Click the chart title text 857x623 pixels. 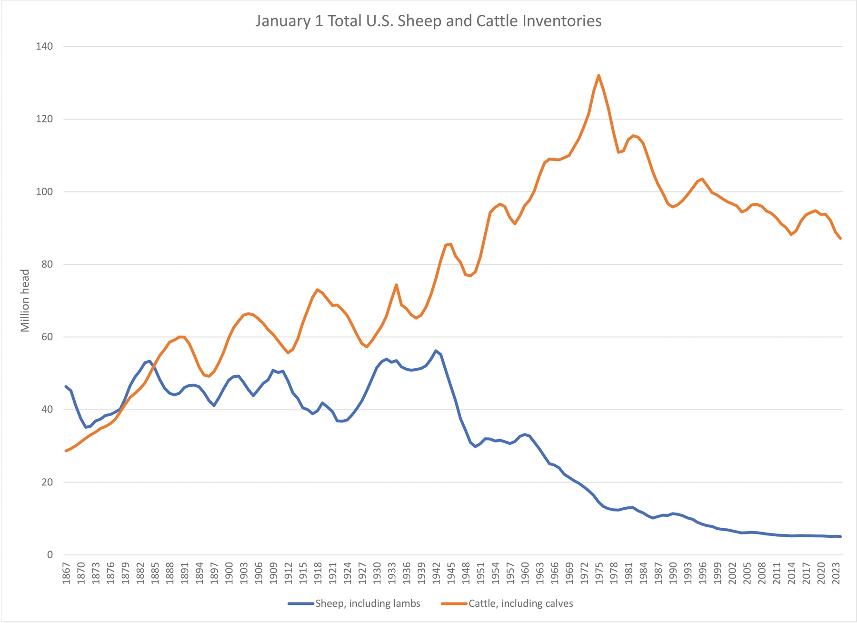point(428,21)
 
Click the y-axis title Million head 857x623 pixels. point(25,301)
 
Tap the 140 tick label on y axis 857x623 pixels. point(44,47)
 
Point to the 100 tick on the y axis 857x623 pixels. point(44,192)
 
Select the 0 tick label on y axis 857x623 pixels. point(50,555)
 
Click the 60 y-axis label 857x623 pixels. point(47,337)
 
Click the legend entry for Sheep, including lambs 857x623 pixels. point(367,603)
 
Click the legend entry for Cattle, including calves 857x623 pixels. point(520,603)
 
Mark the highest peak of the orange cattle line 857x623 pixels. point(598,75)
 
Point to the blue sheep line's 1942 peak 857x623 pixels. point(436,351)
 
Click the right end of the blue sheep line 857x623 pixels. point(840,537)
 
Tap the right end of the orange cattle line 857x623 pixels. point(840,238)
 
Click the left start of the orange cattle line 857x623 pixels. point(66,451)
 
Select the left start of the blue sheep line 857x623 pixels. point(66,387)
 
